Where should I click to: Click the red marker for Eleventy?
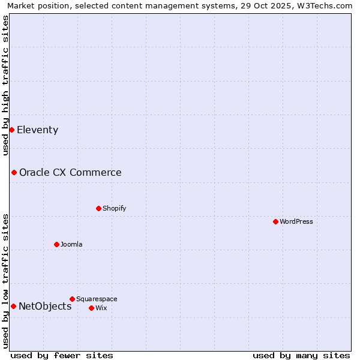11,130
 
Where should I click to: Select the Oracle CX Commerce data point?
14,172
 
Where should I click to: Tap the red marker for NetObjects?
13,306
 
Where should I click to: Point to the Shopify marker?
98,208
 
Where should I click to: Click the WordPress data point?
275,221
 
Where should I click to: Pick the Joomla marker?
56,244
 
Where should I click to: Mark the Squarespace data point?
72,299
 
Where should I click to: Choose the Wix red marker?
91,308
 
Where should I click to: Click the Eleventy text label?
37,130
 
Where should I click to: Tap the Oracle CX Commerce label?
70,172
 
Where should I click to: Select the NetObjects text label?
45,306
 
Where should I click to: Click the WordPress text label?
296,221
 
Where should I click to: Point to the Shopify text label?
114,208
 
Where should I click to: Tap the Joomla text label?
71,244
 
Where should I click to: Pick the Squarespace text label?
97,299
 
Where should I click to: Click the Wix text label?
101,308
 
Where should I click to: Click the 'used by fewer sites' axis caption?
62,355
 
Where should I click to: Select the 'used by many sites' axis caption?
301,355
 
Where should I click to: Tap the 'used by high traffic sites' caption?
5,85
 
